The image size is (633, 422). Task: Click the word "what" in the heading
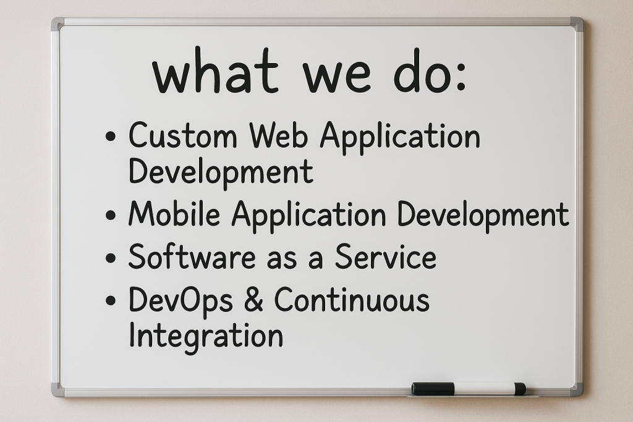point(215,71)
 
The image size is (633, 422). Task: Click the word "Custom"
point(183,135)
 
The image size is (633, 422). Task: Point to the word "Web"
point(279,135)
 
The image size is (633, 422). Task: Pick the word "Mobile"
point(174,213)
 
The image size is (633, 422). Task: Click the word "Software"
point(192,256)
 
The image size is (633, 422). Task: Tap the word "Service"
point(386,256)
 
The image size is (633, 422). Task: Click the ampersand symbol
point(253,299)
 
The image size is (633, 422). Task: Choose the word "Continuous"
point(352,299)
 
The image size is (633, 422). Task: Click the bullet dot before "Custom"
point(110,136)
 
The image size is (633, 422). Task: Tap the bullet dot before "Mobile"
point(110,214)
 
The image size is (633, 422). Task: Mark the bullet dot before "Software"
point(110,258)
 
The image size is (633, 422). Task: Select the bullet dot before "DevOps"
point(110,300)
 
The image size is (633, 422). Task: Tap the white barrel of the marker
point(485,389)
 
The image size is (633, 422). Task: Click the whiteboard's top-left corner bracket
point(57,24)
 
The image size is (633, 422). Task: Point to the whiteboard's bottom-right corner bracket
point(577,390)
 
